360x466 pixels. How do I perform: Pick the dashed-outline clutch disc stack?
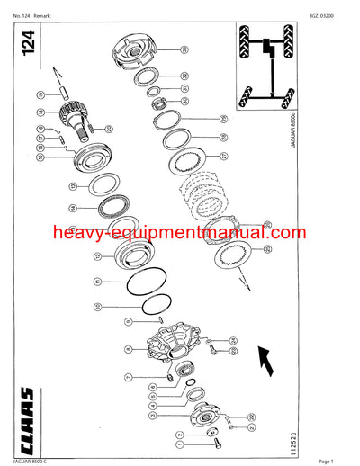click(209, 193)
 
